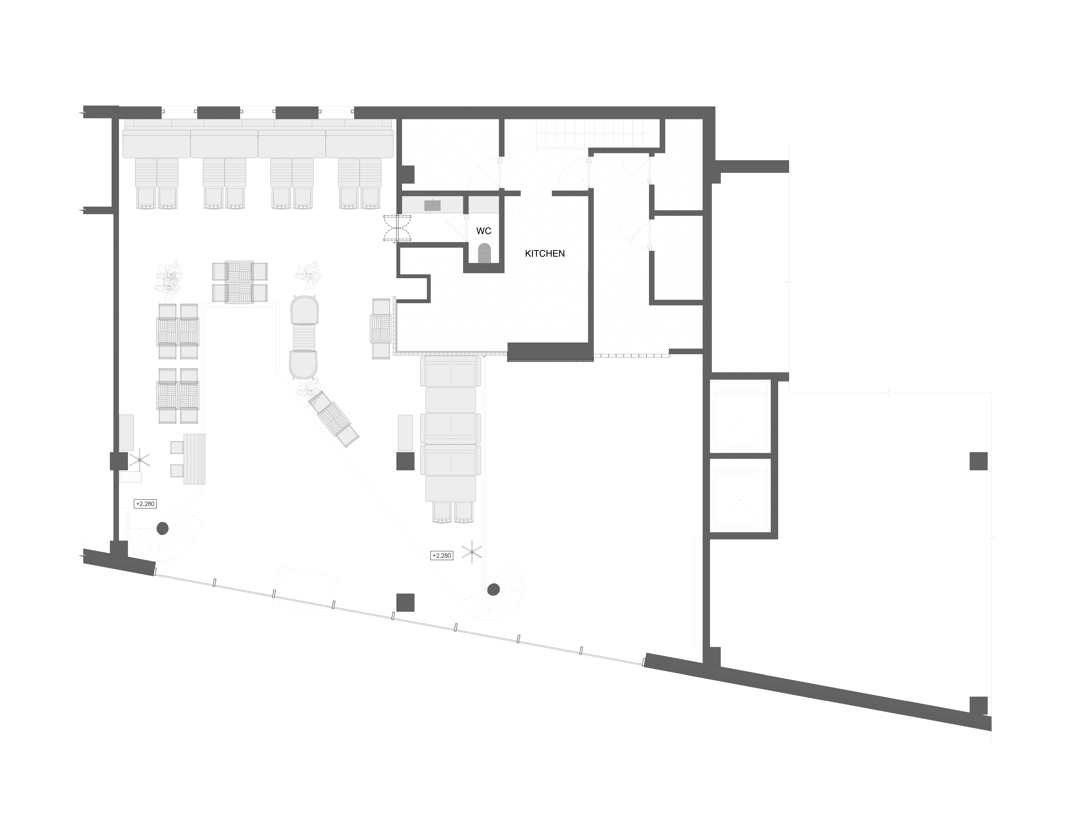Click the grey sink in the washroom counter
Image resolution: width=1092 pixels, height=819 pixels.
point(432,205)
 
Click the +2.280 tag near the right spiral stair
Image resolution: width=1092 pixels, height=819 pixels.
point(442,555)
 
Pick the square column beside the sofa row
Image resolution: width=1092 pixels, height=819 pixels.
point(405,462)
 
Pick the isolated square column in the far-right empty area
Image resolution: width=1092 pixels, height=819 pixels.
point(978,461)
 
